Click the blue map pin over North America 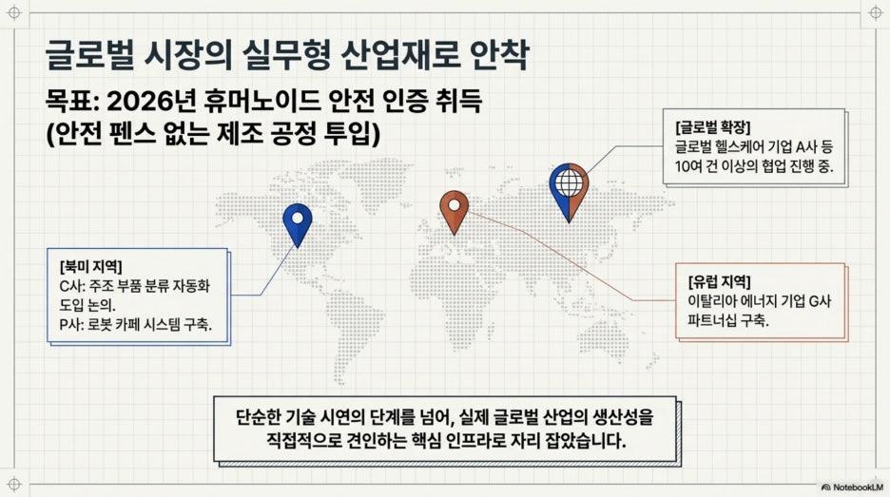298,224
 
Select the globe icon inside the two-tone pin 569,182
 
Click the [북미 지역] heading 91,266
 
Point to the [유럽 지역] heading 719,281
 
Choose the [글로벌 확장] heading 713,127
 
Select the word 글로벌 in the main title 89,55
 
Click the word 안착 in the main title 499,55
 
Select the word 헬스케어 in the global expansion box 740,147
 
